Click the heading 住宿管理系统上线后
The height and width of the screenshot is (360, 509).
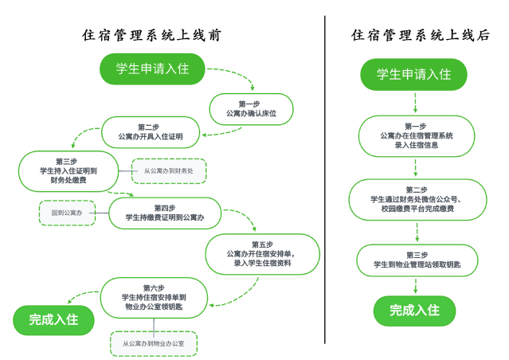click(x=420, y=36)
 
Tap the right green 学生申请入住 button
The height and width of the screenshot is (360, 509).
click(x=413, y=74)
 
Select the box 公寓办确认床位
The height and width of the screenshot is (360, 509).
click(x=251, y=109)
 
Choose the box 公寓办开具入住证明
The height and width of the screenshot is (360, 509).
click(x=150, y=132)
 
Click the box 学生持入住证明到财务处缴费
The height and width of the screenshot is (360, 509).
click(x=68, y=170)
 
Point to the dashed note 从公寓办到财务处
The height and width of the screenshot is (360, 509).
click(x=168, y=171)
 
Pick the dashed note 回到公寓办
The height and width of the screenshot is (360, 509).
click(x=66, y=213)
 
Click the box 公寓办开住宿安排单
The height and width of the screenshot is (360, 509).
click(x=262, y=253)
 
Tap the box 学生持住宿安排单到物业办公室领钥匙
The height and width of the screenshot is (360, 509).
click(x=154, y=296)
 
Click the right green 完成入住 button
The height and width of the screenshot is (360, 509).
click(x=414, y=311)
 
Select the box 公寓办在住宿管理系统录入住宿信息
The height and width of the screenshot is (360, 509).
click(x=414, y=136)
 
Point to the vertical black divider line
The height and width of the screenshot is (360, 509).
click(x=325, y=179)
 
